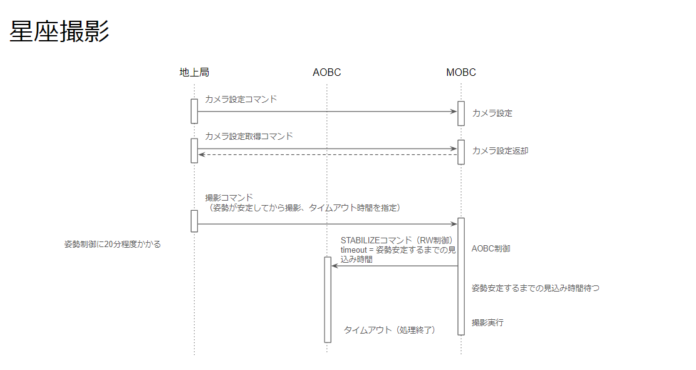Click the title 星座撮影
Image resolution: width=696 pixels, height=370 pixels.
point(60,31)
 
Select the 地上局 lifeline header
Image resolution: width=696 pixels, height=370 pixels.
point(194,72)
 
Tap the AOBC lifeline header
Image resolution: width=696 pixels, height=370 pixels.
point(326,72)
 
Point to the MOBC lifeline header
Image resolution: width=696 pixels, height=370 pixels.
point(460,72)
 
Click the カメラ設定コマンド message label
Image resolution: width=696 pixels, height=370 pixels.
point(241,99)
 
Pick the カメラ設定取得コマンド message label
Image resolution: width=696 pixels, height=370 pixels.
point(249,136)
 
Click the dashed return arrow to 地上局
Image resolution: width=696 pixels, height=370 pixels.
point(328,154)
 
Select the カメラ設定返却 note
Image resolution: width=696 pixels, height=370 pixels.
point(500,151)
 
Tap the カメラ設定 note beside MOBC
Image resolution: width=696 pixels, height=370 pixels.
point(492,114)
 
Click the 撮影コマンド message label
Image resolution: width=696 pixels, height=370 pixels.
point(229,198)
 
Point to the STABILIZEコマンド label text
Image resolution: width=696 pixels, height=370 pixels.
point(397,240)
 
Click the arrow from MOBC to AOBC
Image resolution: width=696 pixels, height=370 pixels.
point(395,266)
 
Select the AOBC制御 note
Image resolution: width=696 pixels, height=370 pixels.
point(491,249)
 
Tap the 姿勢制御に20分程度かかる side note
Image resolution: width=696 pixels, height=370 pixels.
point(112,245)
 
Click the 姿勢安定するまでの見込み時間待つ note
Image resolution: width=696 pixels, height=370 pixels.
point(536,288)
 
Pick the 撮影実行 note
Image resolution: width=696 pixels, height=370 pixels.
point(487,323)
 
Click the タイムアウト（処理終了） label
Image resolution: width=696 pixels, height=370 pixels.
point(389,330)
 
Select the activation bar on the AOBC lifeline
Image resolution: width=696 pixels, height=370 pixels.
point(328,300)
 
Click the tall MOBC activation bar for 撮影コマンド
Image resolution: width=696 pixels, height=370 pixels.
point(461,277)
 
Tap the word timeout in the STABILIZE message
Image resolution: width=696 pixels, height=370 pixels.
point(354,250)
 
